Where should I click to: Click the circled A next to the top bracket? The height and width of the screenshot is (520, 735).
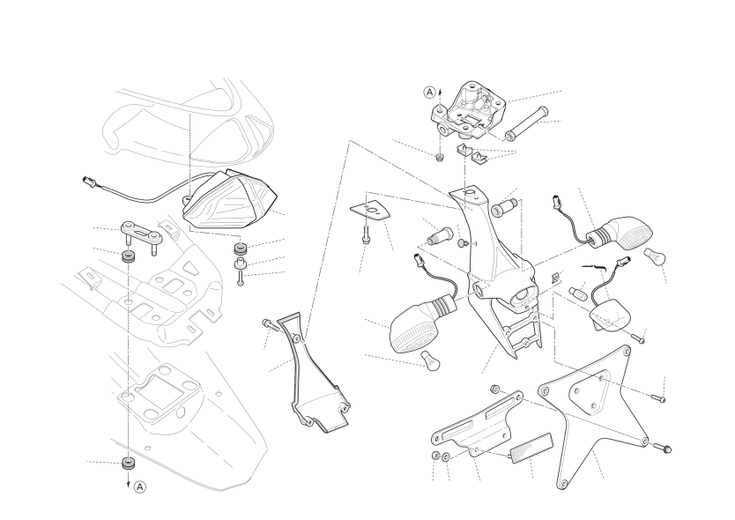(x=430, y=93)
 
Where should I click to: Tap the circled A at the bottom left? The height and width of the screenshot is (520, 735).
(x=140, y=487)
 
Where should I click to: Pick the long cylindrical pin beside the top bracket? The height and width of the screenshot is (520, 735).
(x=526, y=123)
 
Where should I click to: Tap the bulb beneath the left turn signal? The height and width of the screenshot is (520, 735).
(x=430, y=360)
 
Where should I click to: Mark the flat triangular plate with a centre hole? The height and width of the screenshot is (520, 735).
(x=370, y=211)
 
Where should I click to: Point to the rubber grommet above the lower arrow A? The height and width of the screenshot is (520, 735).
(x=128, y=463)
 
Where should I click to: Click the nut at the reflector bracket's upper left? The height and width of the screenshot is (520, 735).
(x=494, y=389)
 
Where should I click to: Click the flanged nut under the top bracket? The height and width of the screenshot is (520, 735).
(x=439, y=157)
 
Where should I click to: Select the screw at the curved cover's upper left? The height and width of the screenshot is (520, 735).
(x=270, y=324)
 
